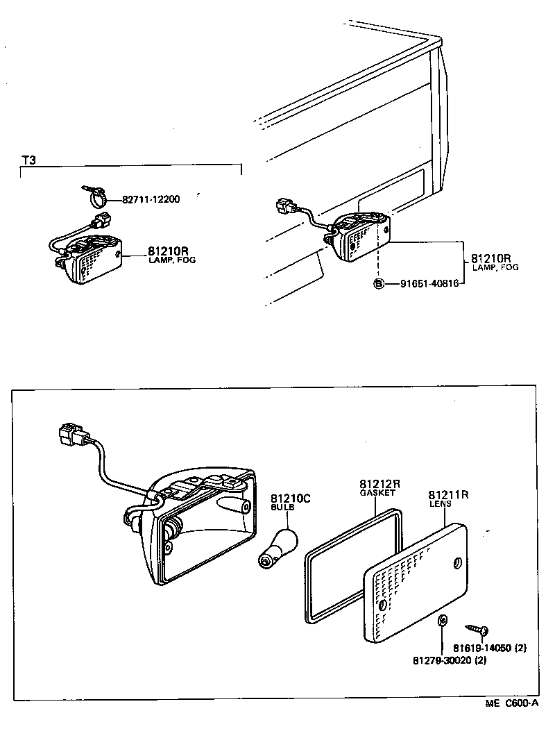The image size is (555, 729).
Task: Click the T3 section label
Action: pyautogui.click(x=28, y=160)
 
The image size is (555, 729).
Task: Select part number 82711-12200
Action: pyautogui.click(x=151, y=199)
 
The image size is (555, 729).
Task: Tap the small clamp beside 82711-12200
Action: pyautogui.click(x=96, y=197)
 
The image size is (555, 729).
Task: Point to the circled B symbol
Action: pyautogui.click(x=379, y=283)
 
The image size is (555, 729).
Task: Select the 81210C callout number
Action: pyautogui.click(x=291, y=498)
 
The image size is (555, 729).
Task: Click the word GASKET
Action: pyautogui.click(x=377, y=492)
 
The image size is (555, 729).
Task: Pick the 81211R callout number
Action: pyautogui.click(x=448, y=495)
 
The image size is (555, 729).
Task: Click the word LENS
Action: pyautogui.click(x=440, y=504)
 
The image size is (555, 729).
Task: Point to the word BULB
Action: pyautogui.click(x=282, y=508)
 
